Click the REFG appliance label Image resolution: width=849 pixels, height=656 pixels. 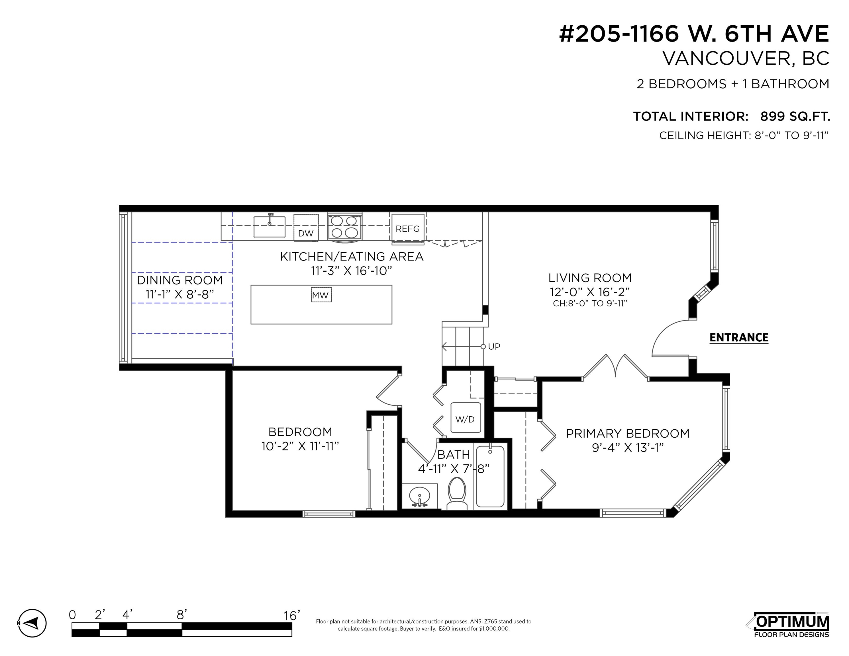pos(407,229)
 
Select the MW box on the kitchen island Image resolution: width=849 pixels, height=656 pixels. pos(321,295)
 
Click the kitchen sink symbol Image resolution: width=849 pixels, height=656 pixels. pos(270,226)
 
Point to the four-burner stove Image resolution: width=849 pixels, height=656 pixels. pos(344,226)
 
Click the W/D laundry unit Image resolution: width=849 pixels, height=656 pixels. pos(465,418)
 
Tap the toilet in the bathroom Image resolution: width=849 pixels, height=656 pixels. pos(457,493)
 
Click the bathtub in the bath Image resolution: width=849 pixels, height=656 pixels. pos(490,476)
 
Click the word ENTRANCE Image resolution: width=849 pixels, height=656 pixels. pos(739,337)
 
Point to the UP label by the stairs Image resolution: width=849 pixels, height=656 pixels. pos(494,347)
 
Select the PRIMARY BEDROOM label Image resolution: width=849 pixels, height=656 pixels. pos(627,433)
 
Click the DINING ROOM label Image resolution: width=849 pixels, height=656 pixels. pos(179,280)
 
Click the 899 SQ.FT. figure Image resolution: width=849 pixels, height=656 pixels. pos(795,116)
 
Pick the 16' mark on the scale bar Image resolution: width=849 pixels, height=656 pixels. pos(291,615)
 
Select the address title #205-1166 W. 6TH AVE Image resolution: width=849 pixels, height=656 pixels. pos(694,34)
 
